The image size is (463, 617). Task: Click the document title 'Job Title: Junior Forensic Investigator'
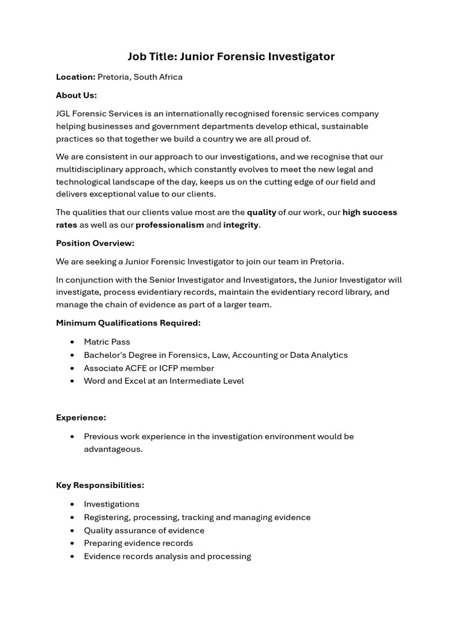[x=231, y=57]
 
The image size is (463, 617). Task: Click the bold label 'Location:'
[x=75, y=77]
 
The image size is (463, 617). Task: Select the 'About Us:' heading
[x=76, y=95]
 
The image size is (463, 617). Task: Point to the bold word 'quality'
[x=261, y=212]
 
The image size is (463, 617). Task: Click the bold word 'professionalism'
[x=169, y=225]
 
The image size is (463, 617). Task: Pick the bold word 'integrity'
[x=241, y=225]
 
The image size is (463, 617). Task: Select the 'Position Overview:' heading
[x=95, y=243]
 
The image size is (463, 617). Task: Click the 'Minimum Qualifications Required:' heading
[x=128, y=323]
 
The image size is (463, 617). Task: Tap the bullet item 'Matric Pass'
[x=107, y=342]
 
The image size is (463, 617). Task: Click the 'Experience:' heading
[x=81, y=418]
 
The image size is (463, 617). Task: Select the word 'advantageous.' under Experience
[x=113, y=449]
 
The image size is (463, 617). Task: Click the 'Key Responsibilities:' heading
[x=99, y=485]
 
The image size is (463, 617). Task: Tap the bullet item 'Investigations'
[x=111, y=504]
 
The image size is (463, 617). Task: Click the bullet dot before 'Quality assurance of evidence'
[x=72, y=531]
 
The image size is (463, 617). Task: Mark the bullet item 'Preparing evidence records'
[x=138, y=543]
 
